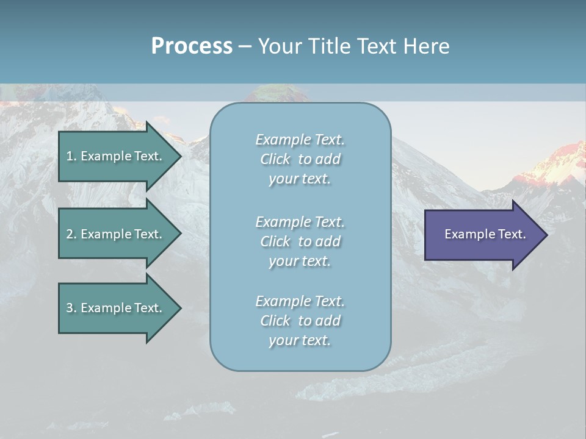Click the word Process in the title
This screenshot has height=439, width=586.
pyautogui.click(x=192, y=46)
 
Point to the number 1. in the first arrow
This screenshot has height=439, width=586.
pyautogui.click(x=71, y=156)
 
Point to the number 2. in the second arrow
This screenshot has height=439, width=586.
pyautogui.click(x=71, y=234)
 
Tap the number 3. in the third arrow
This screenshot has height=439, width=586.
pyautogui.click(x=71, y=308)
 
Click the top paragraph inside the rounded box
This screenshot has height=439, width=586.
pyautogui.click(x=300, y=159)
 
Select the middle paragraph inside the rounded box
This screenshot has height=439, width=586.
pyautogui.click(x=300, y=241)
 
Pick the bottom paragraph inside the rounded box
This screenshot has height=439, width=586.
pyautogui.click(x=300, y=321)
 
